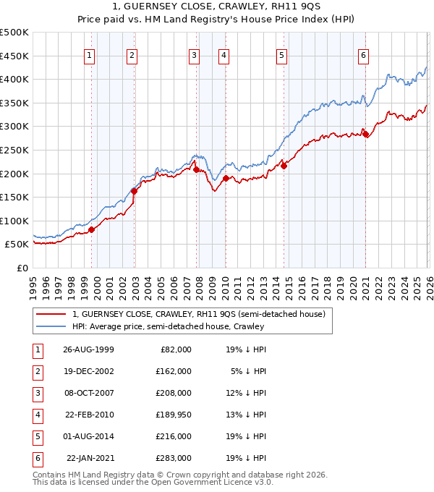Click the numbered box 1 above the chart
pos(89,55)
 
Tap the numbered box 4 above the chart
pos(224,55)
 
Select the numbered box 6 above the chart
pos(363,55)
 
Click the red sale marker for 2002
pos(134,192)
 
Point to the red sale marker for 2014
pos(284,166)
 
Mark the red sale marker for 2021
pos(366,134)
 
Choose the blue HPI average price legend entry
pos(168,326)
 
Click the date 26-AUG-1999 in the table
pos(89,349)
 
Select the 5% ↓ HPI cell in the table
pos(247,371)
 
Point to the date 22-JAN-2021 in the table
pos(90,458)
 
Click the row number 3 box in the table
pos(37,393)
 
